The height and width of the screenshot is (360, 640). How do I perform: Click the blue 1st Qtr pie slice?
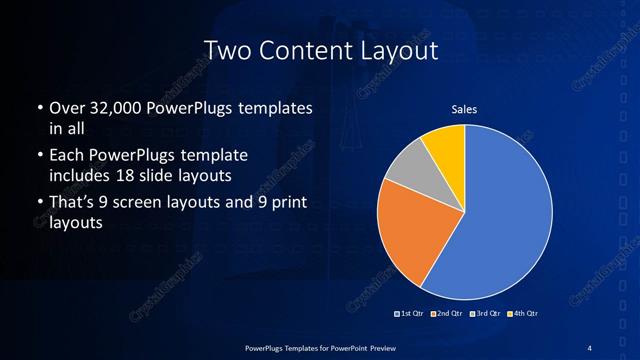(500, 220)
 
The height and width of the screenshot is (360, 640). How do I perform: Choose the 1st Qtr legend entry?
(412, 314)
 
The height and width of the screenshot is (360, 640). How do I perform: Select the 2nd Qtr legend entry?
(446, 314)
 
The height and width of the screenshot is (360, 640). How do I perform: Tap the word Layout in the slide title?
(398, 49)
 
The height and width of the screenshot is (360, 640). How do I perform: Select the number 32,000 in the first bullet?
(110, 107)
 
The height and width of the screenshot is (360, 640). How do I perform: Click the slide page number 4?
(590, 346)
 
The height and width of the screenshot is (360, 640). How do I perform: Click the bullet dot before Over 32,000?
(39, 107)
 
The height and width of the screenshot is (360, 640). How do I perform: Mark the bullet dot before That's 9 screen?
(39, 205)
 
